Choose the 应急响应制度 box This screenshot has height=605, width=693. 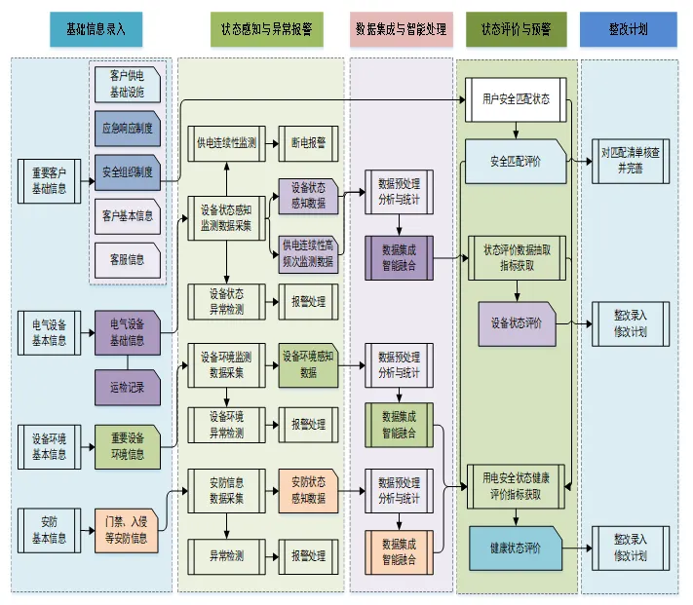coord(128,128)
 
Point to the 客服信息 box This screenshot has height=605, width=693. coord(128,259)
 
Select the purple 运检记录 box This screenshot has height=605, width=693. coord(127,387)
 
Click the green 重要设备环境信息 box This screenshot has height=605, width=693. coord(127,445)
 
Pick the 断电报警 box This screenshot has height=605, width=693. coord(309,143)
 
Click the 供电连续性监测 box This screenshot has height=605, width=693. coord(226,143)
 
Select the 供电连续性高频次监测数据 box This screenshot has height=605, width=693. coord(308,253)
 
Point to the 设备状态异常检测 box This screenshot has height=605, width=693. coord(226,301)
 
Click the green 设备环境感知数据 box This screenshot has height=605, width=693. coord(308,363)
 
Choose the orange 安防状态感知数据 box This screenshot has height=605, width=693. coord(308,490)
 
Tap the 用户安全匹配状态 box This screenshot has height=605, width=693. coord(515,98)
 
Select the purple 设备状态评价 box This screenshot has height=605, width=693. coord(517,322)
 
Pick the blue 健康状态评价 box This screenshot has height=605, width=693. coord(516,548)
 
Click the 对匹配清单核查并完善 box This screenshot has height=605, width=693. coord(632,160)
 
